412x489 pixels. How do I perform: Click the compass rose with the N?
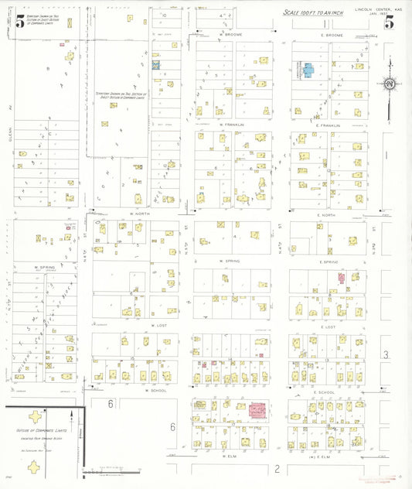[390, 83]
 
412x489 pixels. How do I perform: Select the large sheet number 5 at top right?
[390, 22]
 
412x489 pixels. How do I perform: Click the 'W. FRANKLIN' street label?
[231, 125]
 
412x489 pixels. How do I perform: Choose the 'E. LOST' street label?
[328, 327]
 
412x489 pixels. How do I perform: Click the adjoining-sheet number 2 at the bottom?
[276, 469]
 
